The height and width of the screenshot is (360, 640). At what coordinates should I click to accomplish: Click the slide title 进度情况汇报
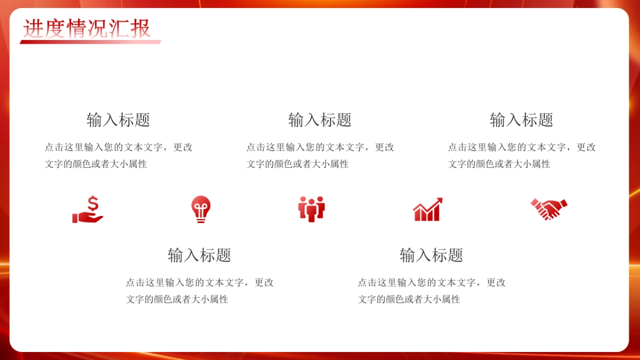[86, 28]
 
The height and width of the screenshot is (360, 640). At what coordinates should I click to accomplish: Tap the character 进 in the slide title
[32, 28]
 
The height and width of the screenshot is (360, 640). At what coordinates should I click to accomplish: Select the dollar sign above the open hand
[93, 203]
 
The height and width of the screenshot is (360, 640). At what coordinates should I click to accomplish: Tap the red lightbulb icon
[201, 208]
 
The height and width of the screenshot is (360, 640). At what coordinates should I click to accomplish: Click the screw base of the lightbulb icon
[201, 219]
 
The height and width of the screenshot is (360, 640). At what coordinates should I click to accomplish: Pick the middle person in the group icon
[311, 210]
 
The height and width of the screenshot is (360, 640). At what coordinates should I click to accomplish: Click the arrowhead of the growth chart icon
[439, 201]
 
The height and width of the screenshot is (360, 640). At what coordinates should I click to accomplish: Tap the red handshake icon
[549, 209]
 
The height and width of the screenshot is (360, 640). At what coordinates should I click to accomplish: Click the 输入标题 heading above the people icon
[320, 120]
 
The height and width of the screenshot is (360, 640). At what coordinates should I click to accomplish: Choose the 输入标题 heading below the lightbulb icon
[199, 255]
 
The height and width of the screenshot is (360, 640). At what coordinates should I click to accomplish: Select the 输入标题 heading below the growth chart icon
[431, 255]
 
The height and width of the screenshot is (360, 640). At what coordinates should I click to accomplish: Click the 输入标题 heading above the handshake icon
[522, 120]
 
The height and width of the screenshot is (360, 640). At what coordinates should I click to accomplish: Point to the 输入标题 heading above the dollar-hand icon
[118, 120]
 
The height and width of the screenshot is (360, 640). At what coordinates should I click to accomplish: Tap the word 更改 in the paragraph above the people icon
[385, 147]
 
